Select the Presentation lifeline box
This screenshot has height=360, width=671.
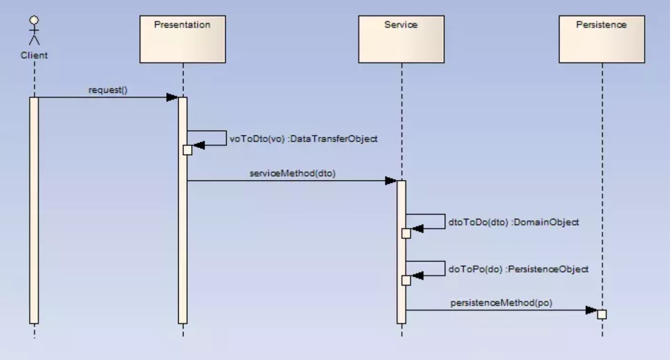(183, 39)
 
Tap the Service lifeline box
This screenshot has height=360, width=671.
(401, 39)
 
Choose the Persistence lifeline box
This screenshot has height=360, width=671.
(601, 39)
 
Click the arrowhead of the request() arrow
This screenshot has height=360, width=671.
(172, 97)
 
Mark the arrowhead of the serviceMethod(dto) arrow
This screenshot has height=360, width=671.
(390, 181)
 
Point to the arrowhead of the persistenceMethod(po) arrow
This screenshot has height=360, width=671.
(591, 310)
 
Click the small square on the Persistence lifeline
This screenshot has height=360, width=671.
(602, 314)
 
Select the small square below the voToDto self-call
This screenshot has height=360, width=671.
(187, 150)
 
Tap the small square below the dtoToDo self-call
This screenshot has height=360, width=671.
(406, 233)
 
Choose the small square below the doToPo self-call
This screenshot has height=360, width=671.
(406, 280)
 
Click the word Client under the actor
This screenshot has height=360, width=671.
(34, 55)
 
